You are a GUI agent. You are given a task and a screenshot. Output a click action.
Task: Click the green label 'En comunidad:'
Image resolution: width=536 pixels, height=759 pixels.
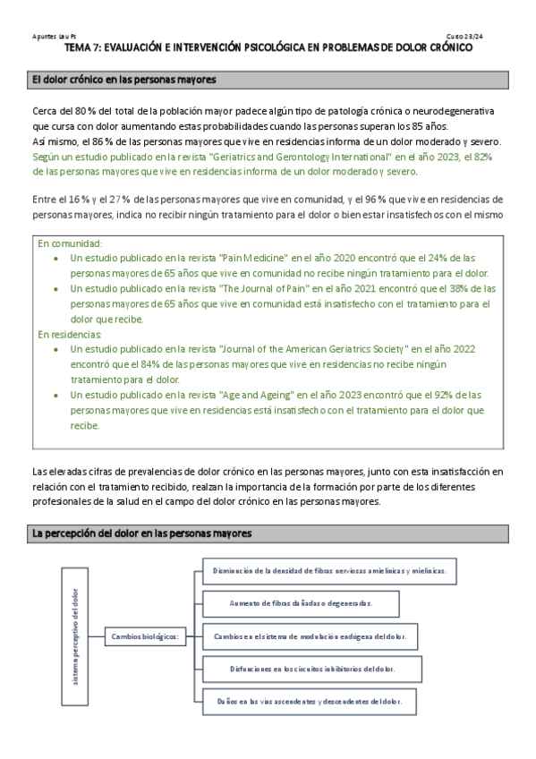[70, 243]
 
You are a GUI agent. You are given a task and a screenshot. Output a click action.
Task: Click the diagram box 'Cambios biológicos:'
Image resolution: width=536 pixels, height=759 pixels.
[144, 636]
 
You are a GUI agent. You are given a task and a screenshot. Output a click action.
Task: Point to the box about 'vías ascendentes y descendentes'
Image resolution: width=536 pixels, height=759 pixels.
[302, 700]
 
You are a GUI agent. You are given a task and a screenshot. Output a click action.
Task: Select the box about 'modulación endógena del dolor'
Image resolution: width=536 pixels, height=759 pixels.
[304, 636]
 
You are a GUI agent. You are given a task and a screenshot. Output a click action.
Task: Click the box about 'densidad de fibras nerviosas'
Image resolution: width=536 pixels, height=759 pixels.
[329, 569]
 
